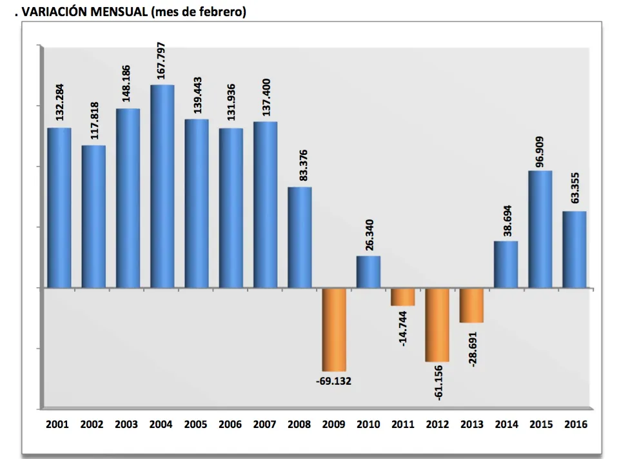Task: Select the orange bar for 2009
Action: click(334, 329)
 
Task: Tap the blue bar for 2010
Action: click(368, 272)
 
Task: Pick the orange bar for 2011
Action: click(403, 296)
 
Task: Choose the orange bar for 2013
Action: click(471, 305)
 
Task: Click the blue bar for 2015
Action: click(540, 229)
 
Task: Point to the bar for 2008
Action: click(300, 237)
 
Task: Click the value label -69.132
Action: click(334, 381)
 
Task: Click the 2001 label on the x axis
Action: click(59, 424)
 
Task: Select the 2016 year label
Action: click(575, 424)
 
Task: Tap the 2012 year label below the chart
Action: click(437, 424)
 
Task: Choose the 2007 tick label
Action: click(265, 424)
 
